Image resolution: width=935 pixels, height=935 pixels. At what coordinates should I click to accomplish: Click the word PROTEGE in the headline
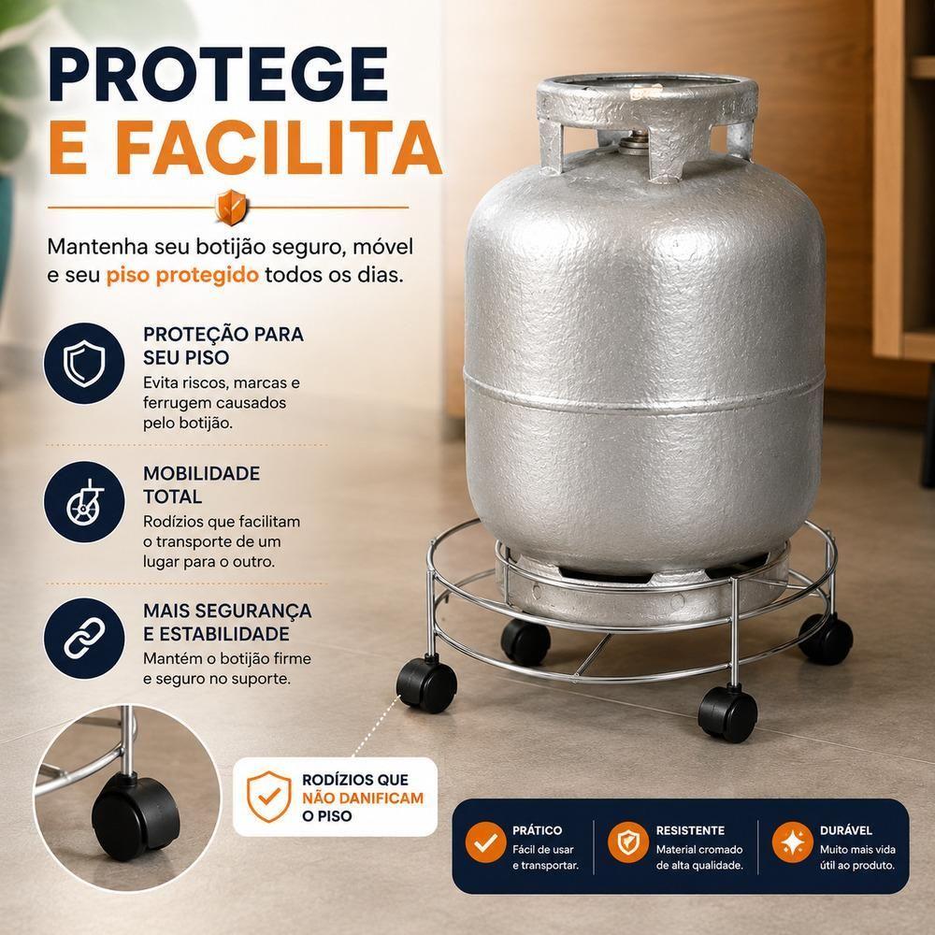[x=218, y=74]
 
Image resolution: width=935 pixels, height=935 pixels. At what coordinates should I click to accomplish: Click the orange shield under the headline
[x=231, y=207]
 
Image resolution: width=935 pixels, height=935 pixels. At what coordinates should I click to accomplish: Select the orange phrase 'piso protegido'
[x=182, y=275]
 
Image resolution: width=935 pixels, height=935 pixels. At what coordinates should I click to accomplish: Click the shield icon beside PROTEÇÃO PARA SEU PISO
[x=84, y=363]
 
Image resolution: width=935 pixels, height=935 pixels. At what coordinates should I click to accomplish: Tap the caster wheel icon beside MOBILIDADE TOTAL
[x=84, y=501]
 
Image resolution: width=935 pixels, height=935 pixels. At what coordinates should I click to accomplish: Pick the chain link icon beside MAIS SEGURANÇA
[x=84, y=638]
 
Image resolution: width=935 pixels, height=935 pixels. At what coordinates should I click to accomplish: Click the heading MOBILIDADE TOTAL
[x=202, y=484]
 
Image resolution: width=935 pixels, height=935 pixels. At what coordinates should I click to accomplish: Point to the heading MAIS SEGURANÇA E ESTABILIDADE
[x=227, y=622]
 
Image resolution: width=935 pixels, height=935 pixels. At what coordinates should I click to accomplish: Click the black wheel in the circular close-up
[x=136, y=817]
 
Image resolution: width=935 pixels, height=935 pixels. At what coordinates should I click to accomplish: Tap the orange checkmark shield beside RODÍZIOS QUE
[x=269, y=797]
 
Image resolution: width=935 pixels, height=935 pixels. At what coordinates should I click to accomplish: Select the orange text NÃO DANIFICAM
[x=363, y=798]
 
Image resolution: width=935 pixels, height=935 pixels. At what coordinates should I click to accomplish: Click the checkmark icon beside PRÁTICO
[x=485, y=842]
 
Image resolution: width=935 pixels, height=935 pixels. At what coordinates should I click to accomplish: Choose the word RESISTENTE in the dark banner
[x=690, y=830]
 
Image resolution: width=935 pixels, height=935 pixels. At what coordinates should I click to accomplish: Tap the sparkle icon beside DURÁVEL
[x=793, y=842]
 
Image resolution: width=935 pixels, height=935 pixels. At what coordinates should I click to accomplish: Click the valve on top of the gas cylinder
[x=636, y=142]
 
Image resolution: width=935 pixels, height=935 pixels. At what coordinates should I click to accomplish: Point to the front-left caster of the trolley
[x=427, y=684]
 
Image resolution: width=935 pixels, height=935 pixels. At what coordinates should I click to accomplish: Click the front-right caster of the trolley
[x=728, y=713]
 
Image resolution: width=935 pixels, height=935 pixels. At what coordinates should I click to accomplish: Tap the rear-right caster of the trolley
[x=827, y=639]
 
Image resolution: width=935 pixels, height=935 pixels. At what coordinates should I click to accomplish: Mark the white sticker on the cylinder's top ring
[x=646, y=92]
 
